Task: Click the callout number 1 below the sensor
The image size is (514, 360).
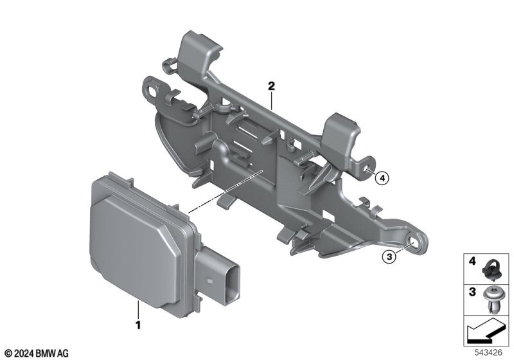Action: click(x=137, y=325)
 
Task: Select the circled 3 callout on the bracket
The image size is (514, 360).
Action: click(x=389, y=257)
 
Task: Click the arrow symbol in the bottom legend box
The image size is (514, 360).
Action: click(x=485, y=334)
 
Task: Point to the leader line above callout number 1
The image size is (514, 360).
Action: click(x=137, y=309)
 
